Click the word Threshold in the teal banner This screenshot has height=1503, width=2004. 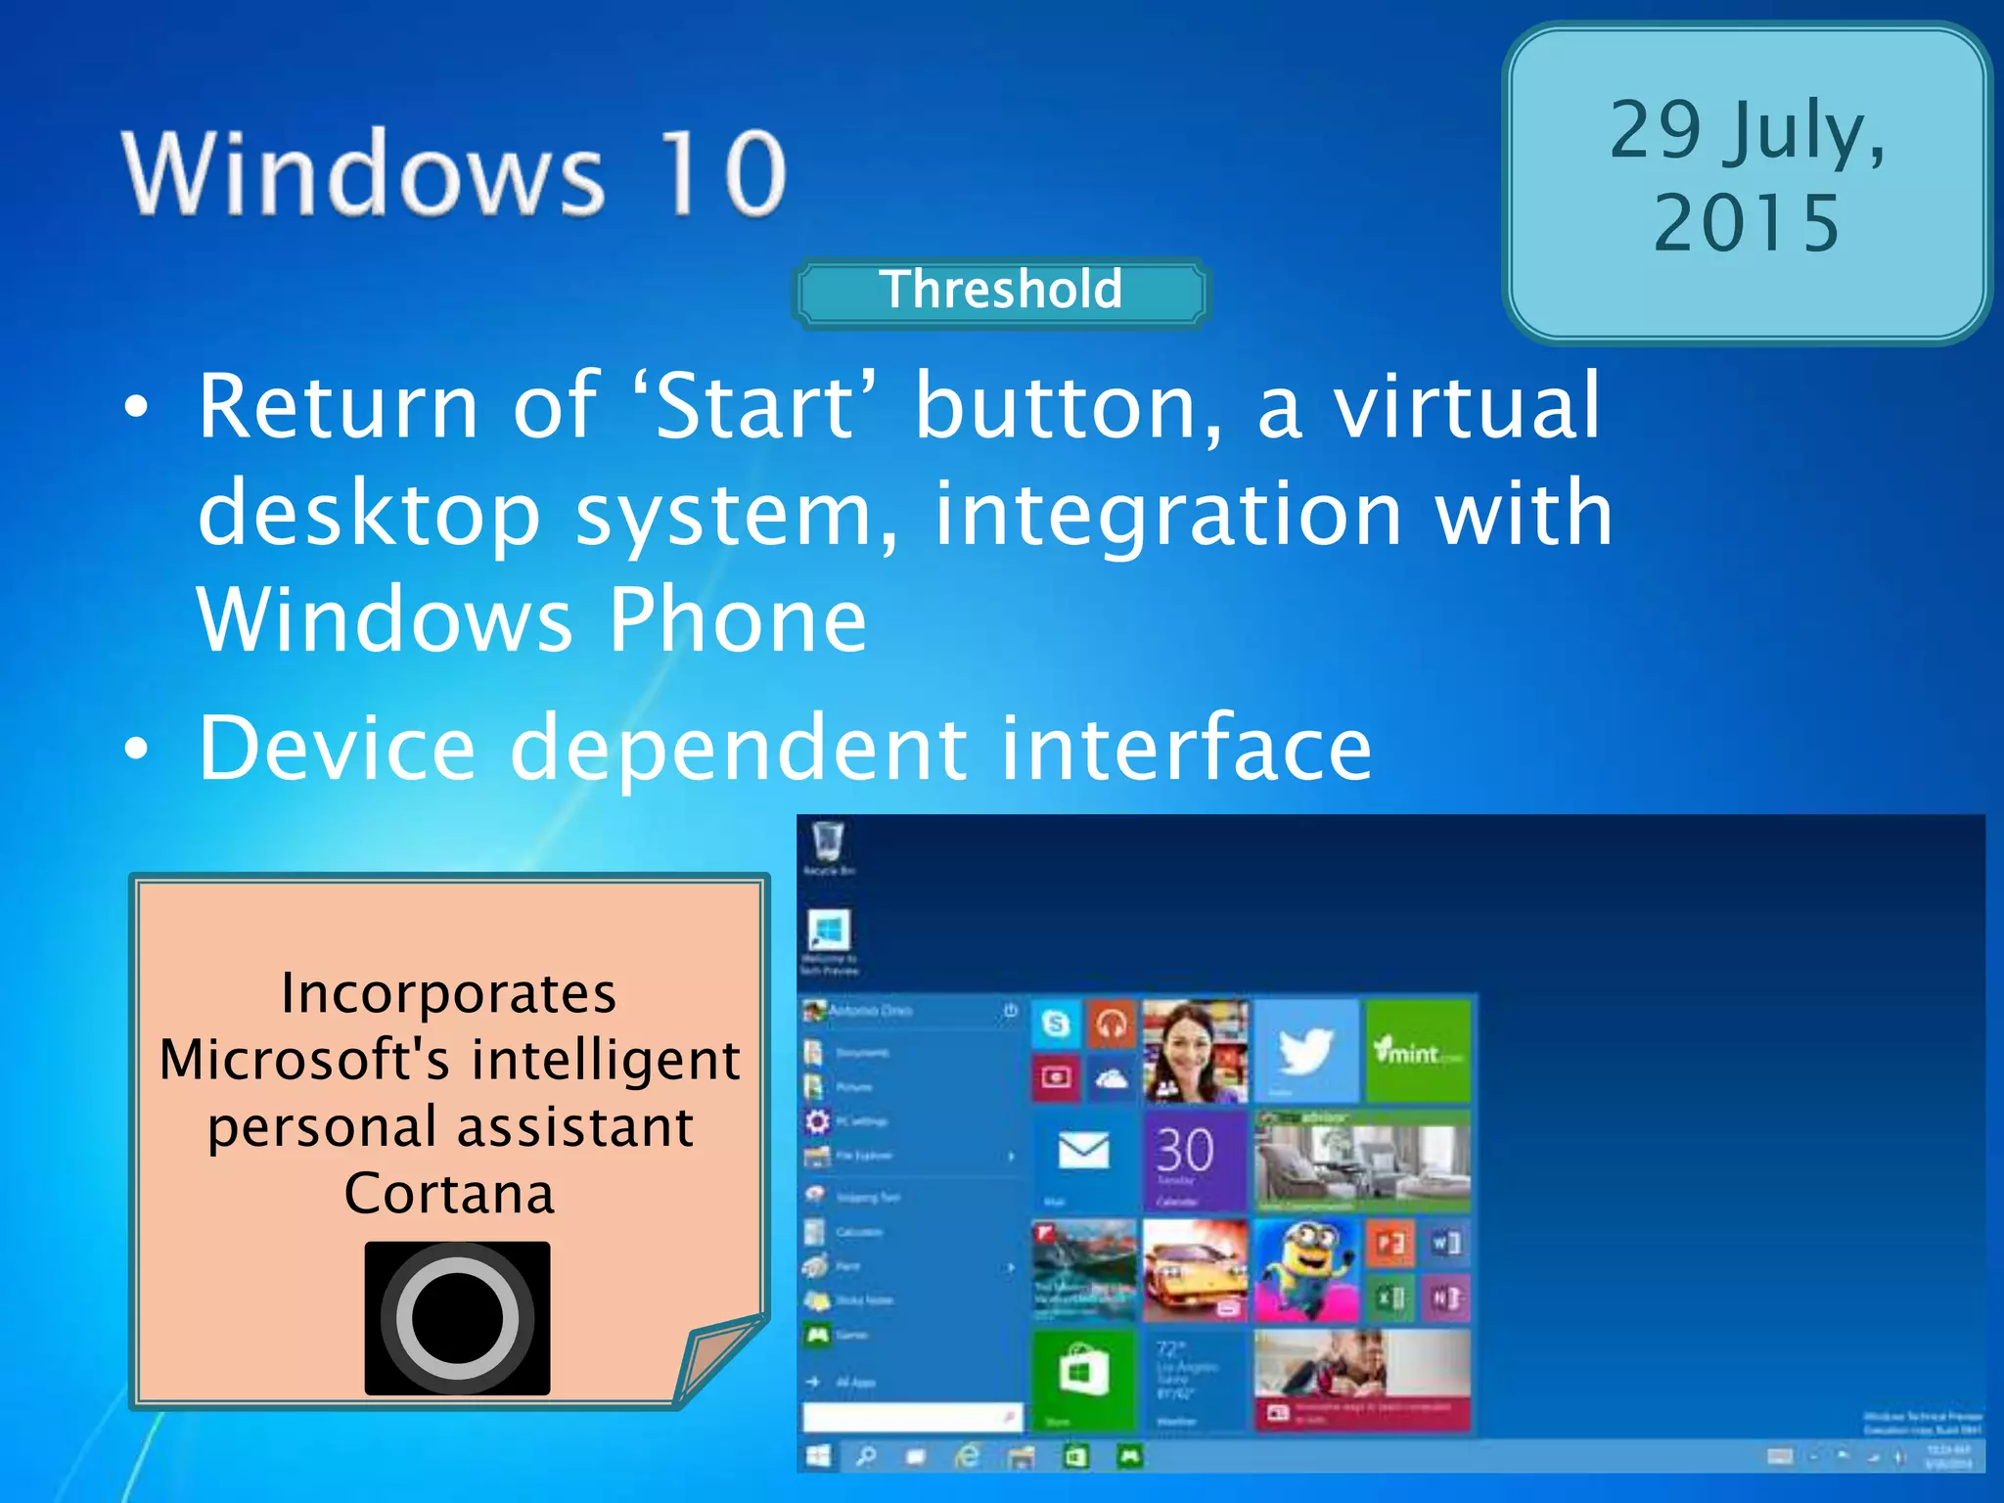(1000, 291)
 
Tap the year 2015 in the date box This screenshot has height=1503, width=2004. (1747, 224)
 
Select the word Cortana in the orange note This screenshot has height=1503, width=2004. (449, 1194)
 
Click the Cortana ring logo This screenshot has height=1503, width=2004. (457, 1317)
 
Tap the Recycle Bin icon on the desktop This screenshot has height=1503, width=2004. (827, 842)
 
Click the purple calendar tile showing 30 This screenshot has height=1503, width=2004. (1194, 1160)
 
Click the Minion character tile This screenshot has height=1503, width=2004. (1305, 1270)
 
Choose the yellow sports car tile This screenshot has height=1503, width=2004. (1194, 1270)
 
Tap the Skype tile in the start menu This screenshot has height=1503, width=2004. (1056, 1024)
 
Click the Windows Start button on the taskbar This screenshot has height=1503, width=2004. (818, 1457)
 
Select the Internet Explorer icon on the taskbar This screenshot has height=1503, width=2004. (967, 1457)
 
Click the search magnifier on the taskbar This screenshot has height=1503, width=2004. (866, 1457)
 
